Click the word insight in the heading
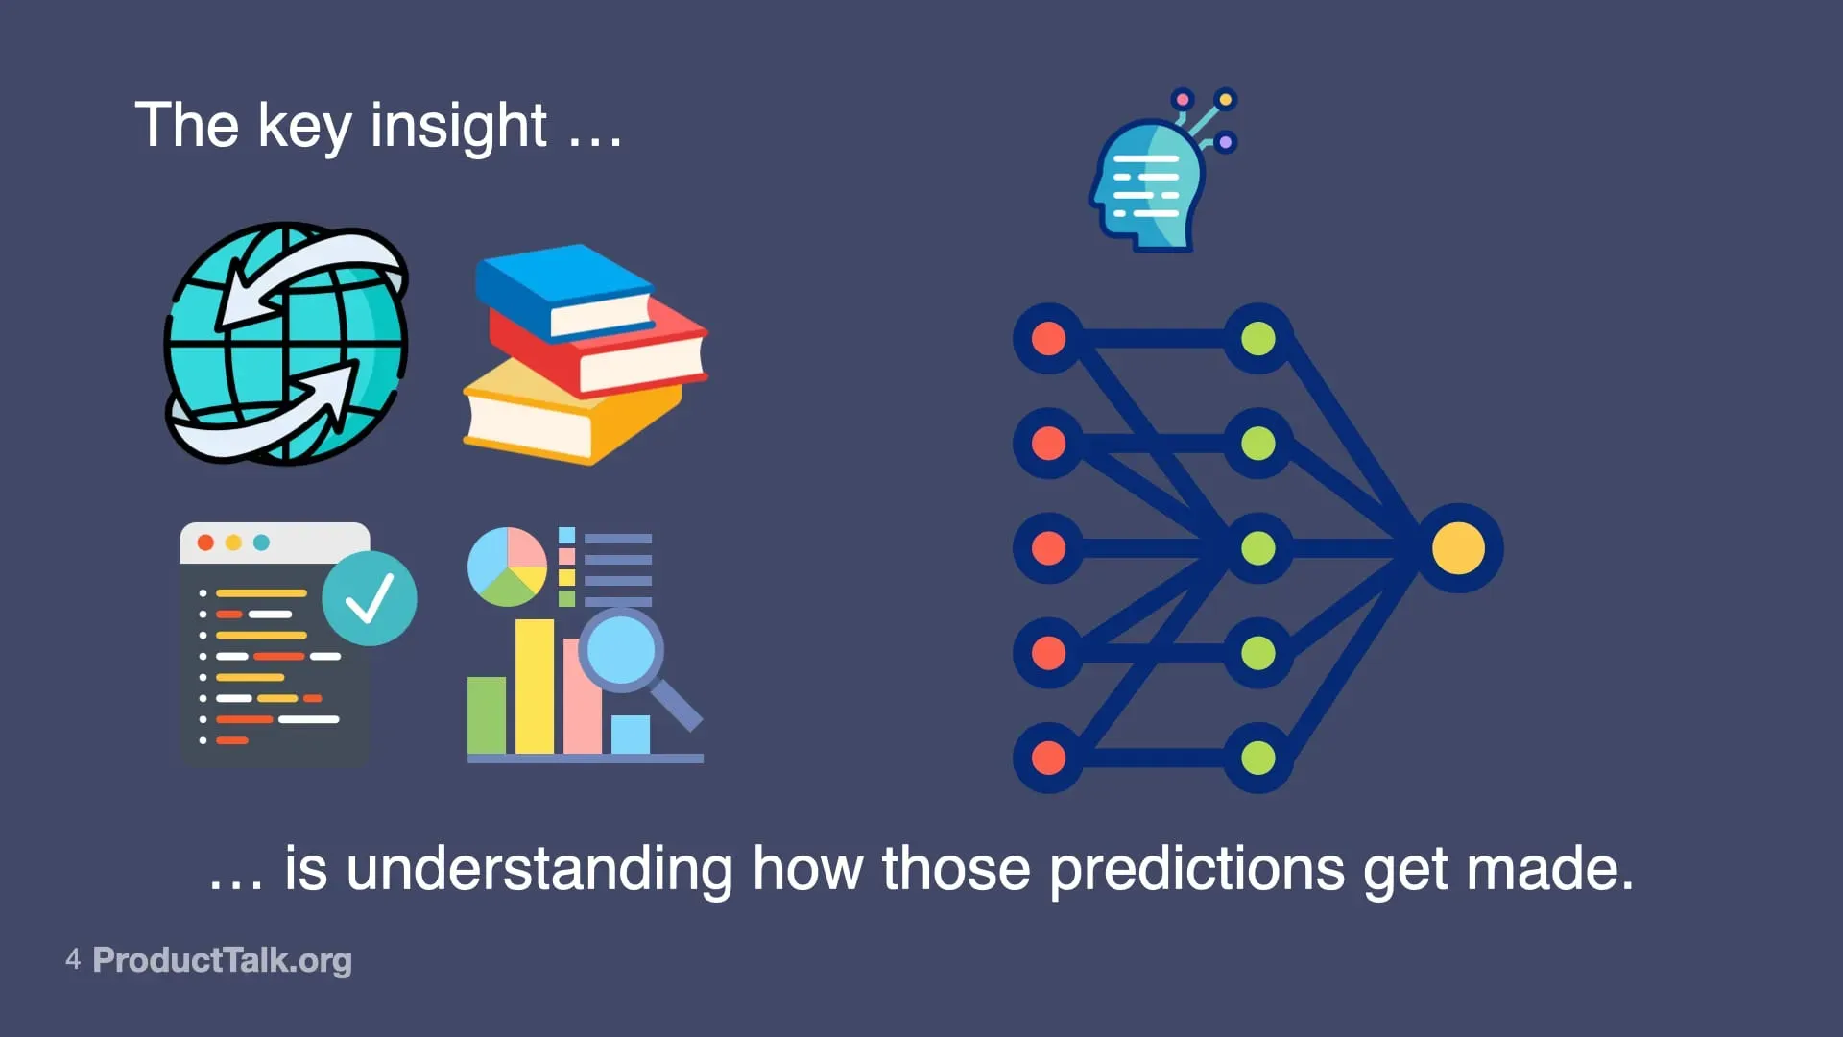[459, 127]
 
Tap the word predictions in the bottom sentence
[1197, 871]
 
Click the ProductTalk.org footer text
[223, 960]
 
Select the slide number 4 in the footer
[73, 958]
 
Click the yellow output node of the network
[1458, 548]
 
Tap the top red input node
[1048, 339]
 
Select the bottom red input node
[1048, 758]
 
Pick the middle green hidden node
[1258, 548]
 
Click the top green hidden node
[1258, 339]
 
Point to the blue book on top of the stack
[564, 291]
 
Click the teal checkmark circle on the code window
[370, 598]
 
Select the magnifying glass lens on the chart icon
[621, 649]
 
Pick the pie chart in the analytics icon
[507, 567]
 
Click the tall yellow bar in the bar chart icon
[535, 687]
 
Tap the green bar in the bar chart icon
[487, 715]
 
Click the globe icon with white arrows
[287, 344]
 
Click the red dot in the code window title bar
[205, 543]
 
